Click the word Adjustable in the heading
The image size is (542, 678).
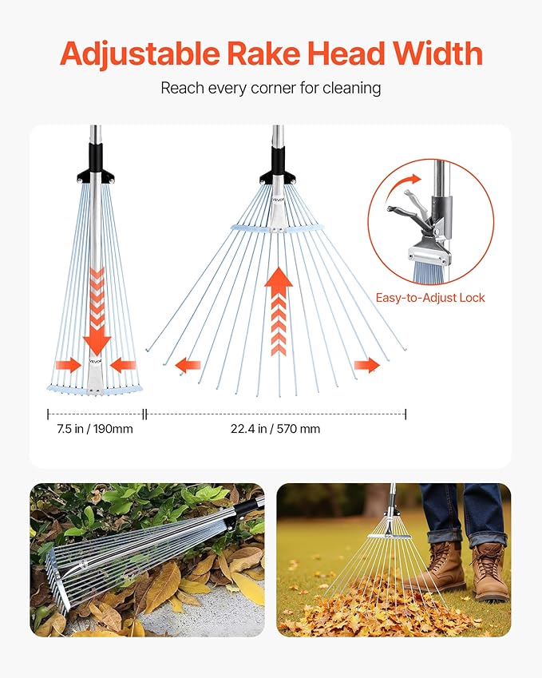tap(139, 54)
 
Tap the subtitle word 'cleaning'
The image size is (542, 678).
tap(351, 87)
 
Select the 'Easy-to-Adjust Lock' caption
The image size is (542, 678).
tap(430, 298)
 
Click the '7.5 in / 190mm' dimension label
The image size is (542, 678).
tap(94, 429)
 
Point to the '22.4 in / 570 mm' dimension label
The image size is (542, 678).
tap(275, 429)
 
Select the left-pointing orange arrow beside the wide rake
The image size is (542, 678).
tap(188, 365)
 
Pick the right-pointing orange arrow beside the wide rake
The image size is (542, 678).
tap(367, 365)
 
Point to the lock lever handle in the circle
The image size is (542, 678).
tap(406, 210)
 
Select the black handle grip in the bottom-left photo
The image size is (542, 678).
tap(246, 509)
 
